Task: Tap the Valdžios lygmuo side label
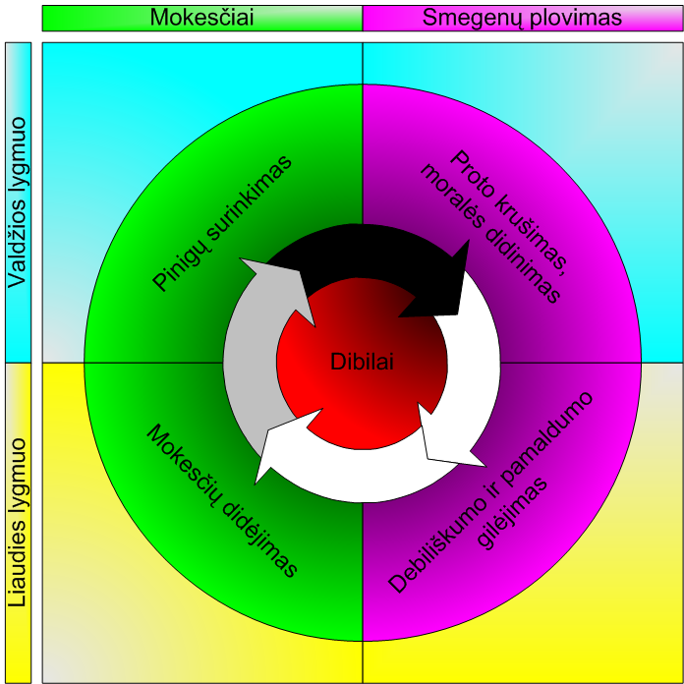pos(19,201)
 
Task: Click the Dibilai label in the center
pos(362,361)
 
